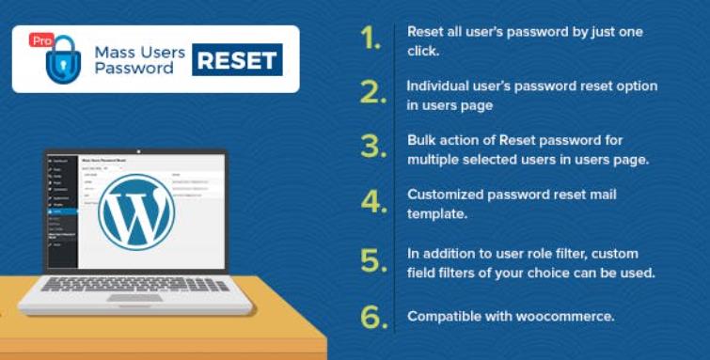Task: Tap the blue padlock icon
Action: [x=62, y=60]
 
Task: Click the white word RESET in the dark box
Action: [x=237, y=60]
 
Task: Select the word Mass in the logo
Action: [x=113, y=50]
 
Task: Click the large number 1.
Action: [x=371, y=39]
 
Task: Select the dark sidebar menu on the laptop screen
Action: [x=60, y=207]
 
